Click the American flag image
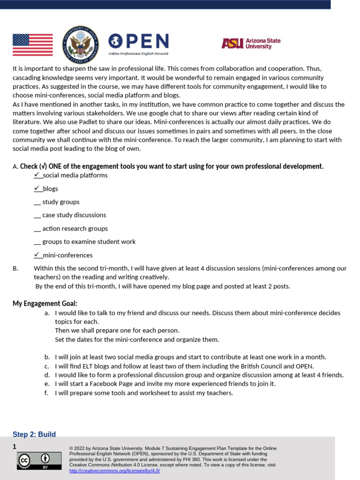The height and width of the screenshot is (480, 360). coord(32,45)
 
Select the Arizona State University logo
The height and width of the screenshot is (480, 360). coord(251,44)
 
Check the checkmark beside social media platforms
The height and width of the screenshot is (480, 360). coord(37,175)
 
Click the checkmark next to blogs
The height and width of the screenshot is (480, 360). coord(37,188)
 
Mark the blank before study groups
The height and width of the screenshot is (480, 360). coord(37,202)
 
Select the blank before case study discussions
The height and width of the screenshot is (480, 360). coord(37,215)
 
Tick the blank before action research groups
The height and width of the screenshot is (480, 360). coord(37,229)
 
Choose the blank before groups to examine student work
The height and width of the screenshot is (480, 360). coord(37,242)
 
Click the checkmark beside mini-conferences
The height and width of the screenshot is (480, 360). coord(37,255)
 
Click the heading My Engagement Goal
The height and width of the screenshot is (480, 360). coord(45,304)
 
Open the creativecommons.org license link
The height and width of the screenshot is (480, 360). coord(114,471)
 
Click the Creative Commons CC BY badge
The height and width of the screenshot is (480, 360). coord(39,460)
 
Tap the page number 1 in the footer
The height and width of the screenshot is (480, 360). coord(15,447)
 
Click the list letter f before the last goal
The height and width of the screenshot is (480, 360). coord(46,393)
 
